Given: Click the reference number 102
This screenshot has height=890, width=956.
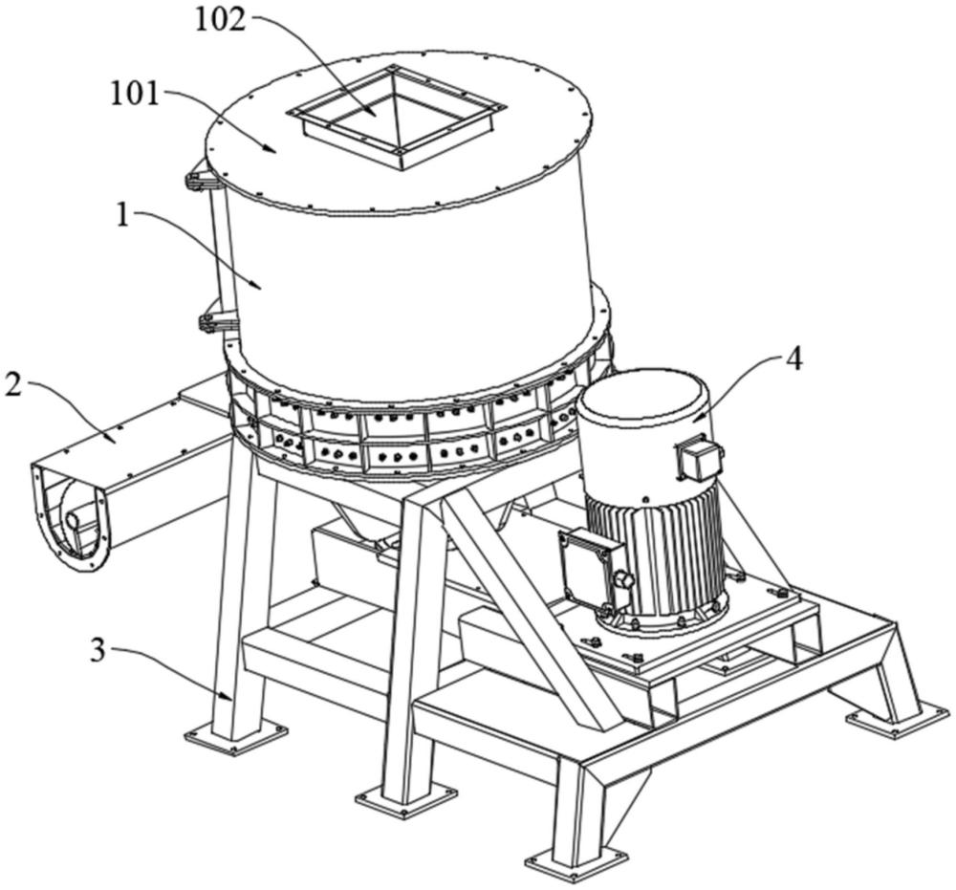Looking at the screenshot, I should (x=222, y=19).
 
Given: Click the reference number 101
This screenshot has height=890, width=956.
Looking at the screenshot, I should (x=135, y=94).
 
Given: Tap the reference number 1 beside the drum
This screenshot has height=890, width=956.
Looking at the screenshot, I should (x=123, y=214).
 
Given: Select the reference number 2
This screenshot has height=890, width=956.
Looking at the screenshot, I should (x=12, y=387).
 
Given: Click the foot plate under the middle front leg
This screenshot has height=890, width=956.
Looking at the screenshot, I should (x=406, y=797).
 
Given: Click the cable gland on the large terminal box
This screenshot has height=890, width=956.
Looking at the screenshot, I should (x=626, y=580).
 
